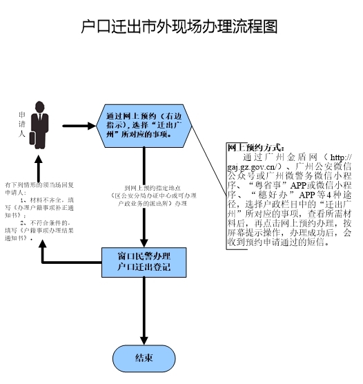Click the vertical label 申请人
21,124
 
